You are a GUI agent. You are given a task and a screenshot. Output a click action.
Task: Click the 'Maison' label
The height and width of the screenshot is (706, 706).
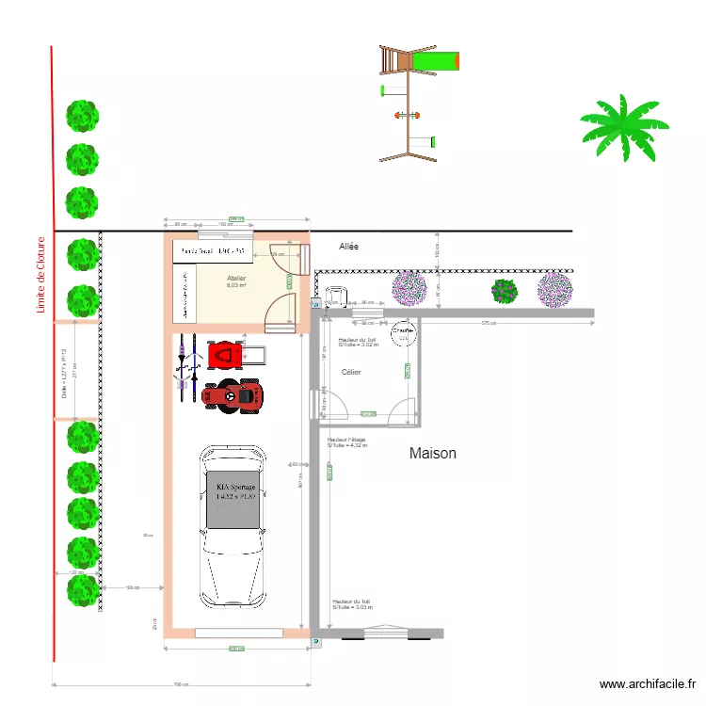[x=433, y=454]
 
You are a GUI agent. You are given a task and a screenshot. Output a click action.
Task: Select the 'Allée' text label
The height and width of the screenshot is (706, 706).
[x=351, y=246]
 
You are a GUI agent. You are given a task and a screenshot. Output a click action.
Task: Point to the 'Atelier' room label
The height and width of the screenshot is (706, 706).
[x=236, y=278]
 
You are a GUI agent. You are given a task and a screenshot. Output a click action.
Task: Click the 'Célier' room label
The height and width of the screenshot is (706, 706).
[x=351, y=373]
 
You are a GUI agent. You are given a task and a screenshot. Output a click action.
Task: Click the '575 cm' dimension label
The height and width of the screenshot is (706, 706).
[x=489, y=324]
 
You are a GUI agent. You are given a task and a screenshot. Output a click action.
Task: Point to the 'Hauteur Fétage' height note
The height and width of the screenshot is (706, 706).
[x=346, y=442]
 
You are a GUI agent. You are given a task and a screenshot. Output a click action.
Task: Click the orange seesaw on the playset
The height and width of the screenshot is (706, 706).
[x=406, y=115]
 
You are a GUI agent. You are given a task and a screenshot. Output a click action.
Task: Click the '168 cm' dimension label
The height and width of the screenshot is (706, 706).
[x=132, y=588]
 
